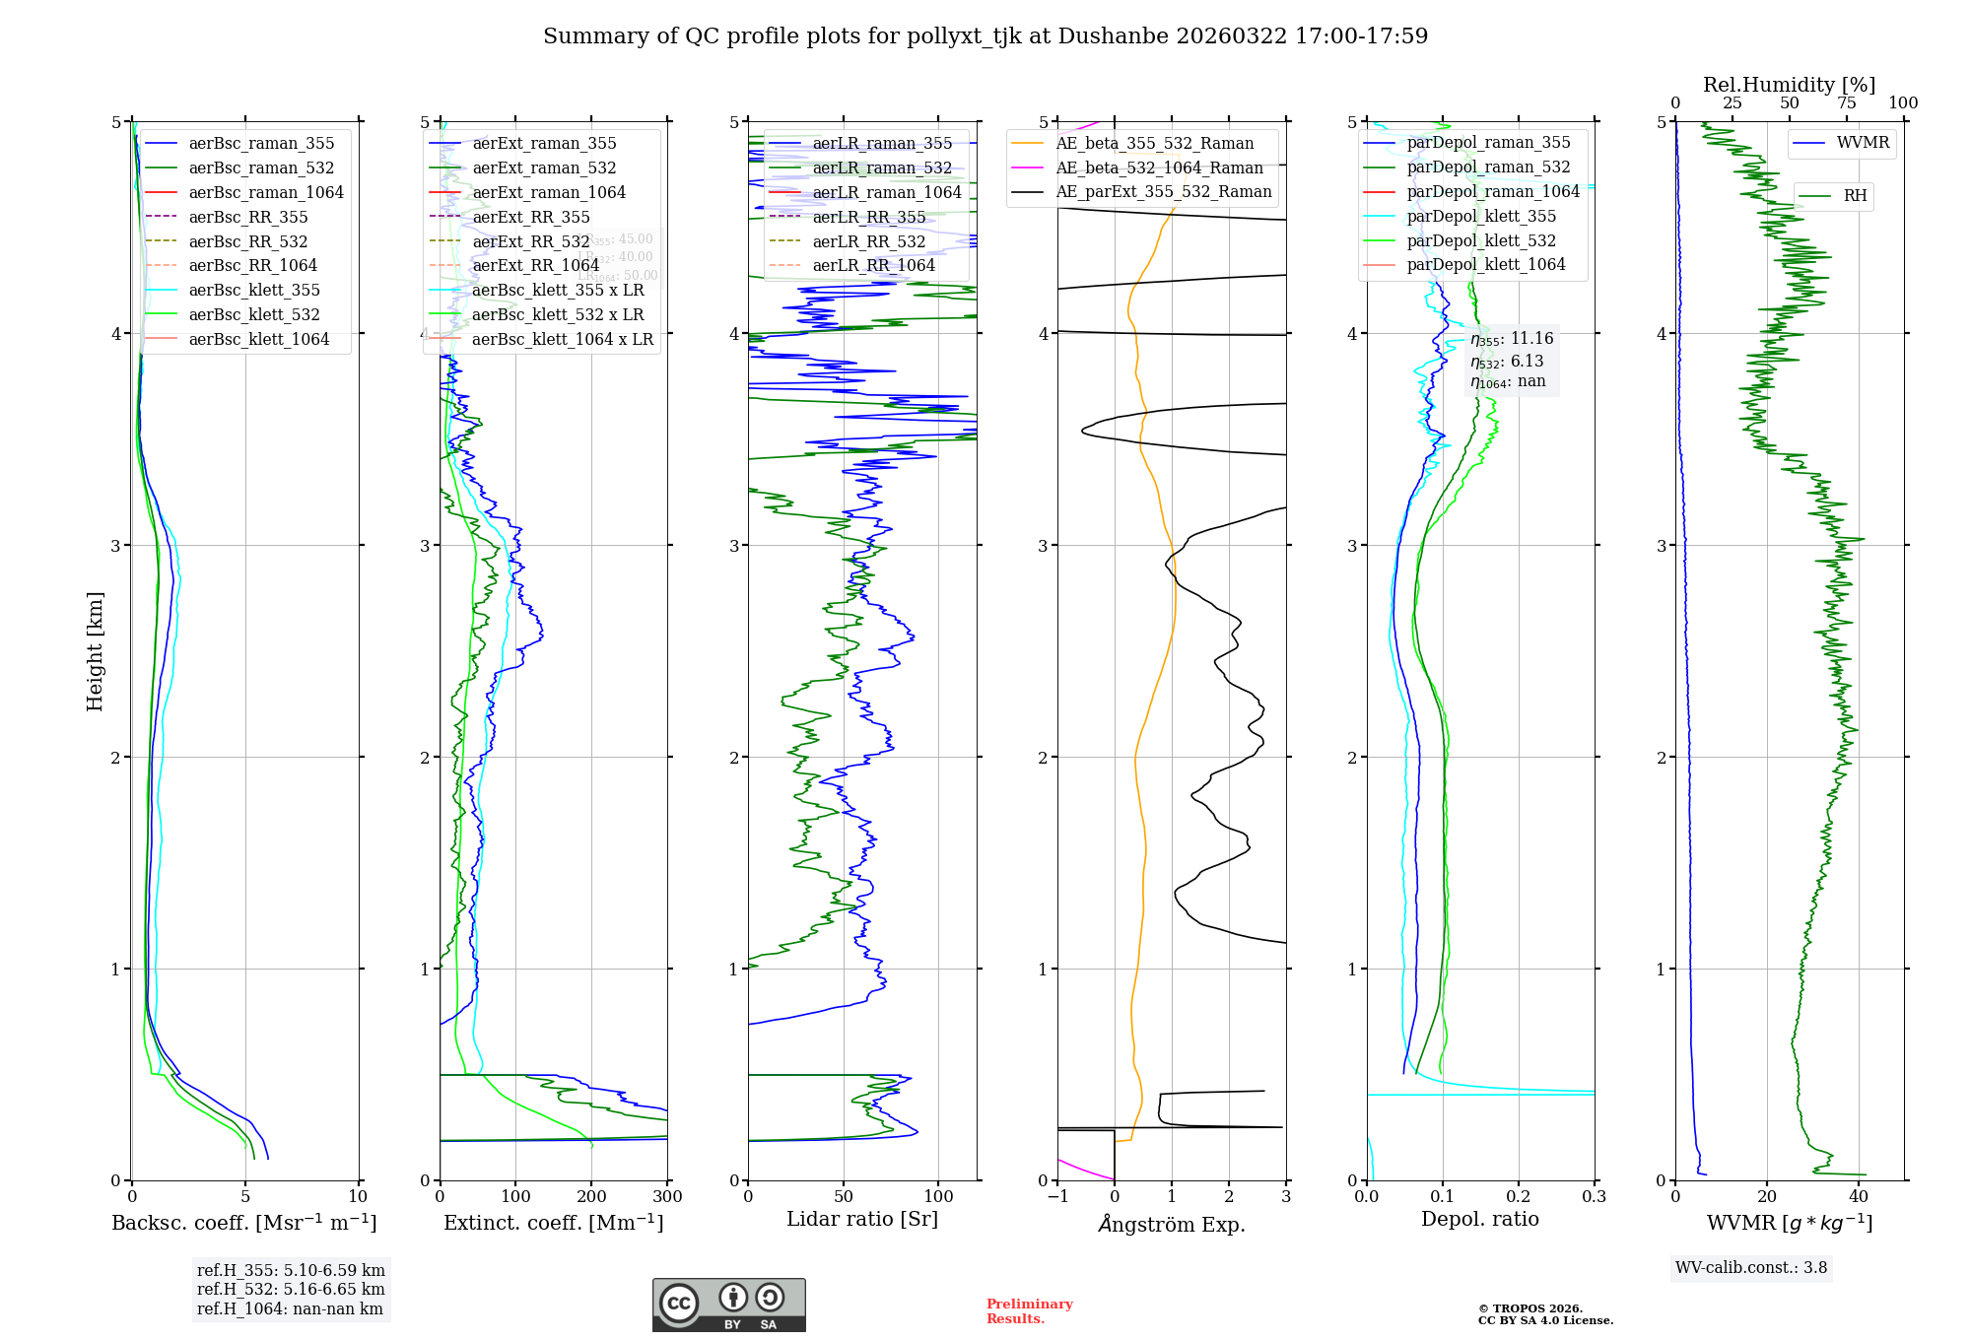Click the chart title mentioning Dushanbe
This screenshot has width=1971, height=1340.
tap(985, 36)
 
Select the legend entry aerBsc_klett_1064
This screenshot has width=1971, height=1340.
tap(258, 339)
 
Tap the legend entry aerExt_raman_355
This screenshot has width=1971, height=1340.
tap(544, 143)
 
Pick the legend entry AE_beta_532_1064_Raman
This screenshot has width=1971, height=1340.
tap(1159, 167)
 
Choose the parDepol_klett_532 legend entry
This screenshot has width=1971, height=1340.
tap(1481, 240)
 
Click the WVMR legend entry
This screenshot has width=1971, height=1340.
tap(1863, 143)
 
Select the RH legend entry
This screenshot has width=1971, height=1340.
tap(1855, 196)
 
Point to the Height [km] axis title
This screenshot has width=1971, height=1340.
tap(95, 651)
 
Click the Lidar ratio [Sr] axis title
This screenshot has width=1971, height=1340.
tap(862, 1219)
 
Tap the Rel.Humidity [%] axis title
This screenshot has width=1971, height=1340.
tap(1789, 85)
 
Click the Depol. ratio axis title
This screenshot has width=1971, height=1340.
tap(1479, 1219)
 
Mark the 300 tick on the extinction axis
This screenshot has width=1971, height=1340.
tap(668, 1197)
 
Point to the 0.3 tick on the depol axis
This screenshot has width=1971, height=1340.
tap(1594, 1197)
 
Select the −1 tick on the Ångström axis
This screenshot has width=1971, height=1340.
tap(1057, 1197)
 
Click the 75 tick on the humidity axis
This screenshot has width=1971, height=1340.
tap(1846, 103)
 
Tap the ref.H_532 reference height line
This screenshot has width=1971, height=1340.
tap(291, 1290)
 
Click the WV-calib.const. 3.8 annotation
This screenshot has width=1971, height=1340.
tap(1751, 1268)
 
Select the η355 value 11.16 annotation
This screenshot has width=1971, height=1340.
tap(1512, 339)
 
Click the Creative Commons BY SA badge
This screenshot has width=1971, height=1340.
tap(728, 1306)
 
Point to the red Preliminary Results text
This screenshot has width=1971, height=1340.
tap(1029, 1311)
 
